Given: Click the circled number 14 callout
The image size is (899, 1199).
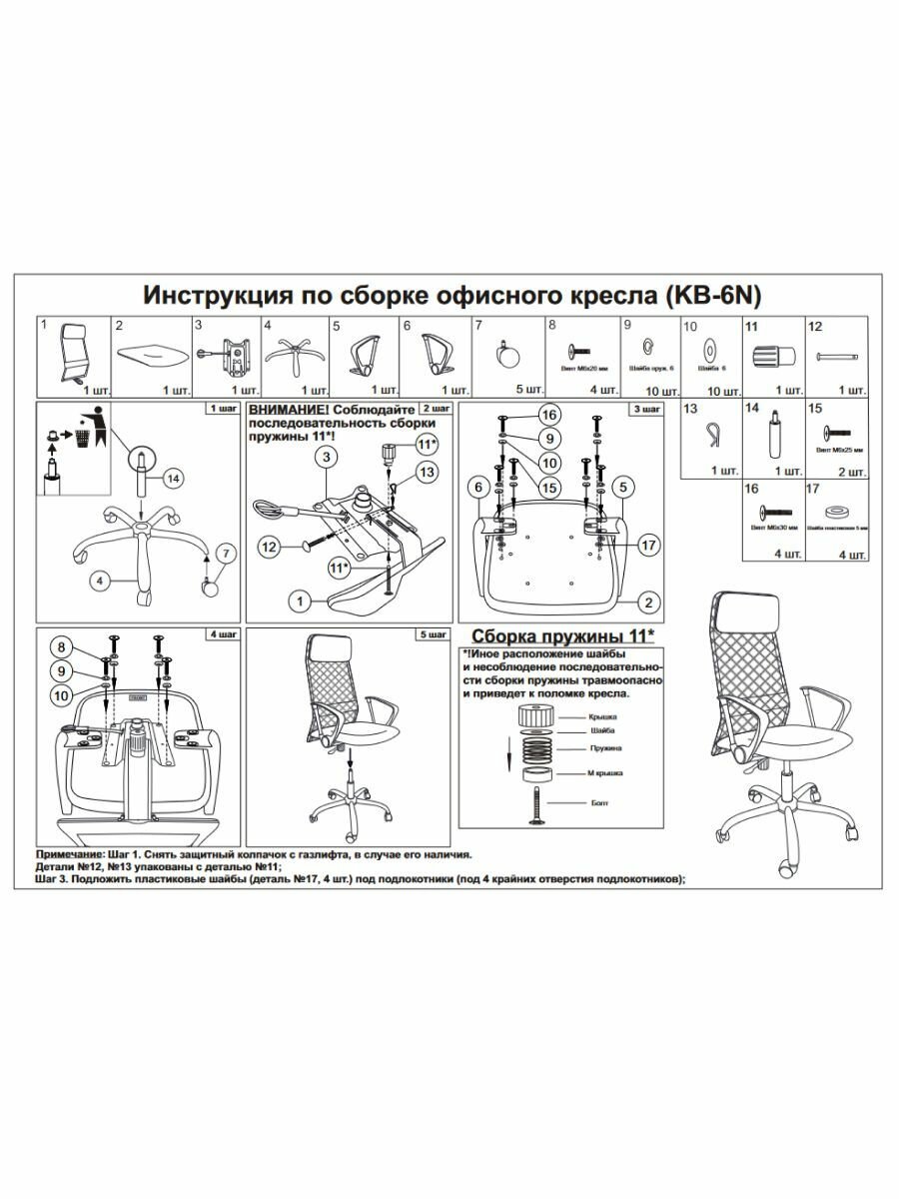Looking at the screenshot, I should click(174, 480).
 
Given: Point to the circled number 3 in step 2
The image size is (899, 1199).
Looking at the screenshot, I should click(325, 458).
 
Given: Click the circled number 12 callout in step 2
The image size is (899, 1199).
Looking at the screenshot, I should click(268, 546).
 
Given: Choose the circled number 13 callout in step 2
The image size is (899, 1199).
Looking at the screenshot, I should click(427, 470).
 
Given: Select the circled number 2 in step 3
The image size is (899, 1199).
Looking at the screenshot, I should click(647, 601).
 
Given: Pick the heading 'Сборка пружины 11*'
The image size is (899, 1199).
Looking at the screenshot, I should click(563, 635).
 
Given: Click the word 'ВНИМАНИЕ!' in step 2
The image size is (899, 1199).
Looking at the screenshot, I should click(291, 411).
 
